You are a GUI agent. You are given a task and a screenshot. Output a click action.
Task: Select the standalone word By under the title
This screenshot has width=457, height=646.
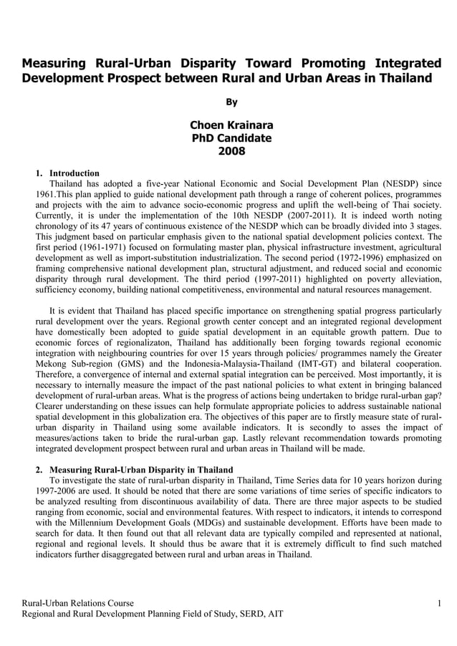[231, 102]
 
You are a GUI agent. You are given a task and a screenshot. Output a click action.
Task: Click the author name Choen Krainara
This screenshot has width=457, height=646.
[231, 125]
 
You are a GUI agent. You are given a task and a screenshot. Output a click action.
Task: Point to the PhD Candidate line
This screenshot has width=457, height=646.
[231, 138]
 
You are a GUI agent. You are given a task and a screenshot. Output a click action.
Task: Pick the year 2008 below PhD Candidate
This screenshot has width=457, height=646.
[231, 151]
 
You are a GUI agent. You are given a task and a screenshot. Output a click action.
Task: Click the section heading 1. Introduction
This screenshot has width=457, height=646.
[67, 173]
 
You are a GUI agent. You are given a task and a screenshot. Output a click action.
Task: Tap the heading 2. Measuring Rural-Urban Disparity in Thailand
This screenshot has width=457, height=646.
[135, 469]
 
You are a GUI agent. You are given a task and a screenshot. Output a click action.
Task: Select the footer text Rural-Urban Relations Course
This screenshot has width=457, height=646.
[78, 603]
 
